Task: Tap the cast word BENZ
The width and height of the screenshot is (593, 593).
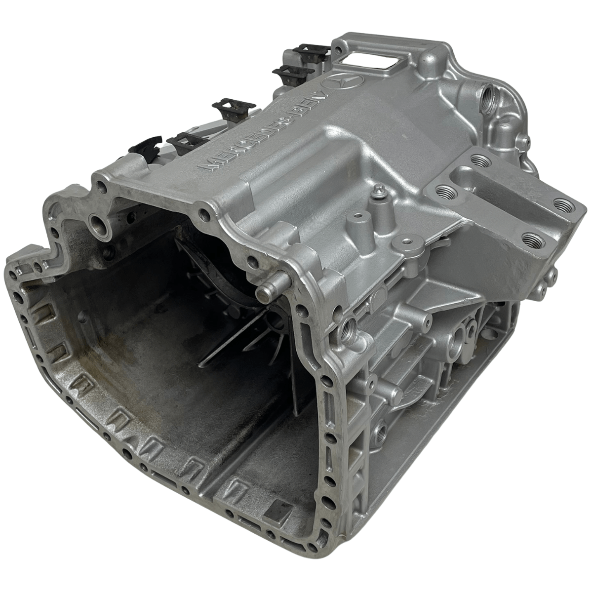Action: (x=308, y=104)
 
